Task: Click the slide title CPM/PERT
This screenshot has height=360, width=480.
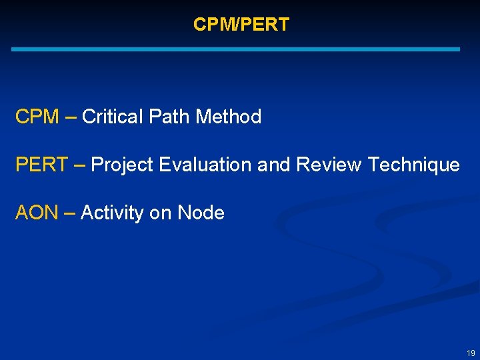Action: click(x=241, y=25)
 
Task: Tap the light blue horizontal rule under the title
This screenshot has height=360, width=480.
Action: click(x=235, y=49)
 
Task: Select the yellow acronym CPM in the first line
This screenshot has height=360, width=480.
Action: click(x=37, y=117)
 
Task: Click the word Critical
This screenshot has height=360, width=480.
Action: click(x=113, y=117)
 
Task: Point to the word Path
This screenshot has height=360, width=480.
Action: click(x=168, y=117)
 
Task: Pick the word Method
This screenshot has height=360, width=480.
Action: click(x=228, y=117)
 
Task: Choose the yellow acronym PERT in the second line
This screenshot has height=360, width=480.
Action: click(x=41, y=165)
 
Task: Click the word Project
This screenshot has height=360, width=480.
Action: click(x=123, y=165)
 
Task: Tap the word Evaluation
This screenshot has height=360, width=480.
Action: click(x=206, y=165)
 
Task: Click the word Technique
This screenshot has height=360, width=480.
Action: click(x=414, y=165)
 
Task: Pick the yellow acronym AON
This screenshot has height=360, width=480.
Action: click(x=37, y=213)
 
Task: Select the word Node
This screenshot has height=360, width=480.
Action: click(x=201, y=213)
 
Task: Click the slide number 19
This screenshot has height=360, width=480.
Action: click(x=471, y=353)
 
